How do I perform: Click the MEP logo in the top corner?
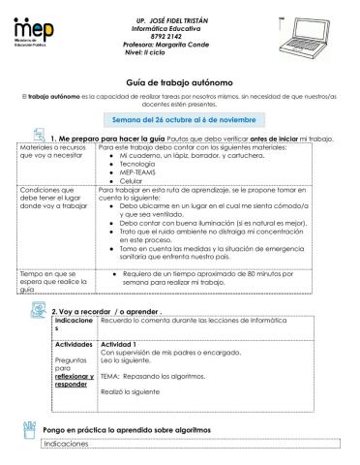[x=33, y=37]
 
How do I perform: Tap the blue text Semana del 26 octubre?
[x=181, y=119]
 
